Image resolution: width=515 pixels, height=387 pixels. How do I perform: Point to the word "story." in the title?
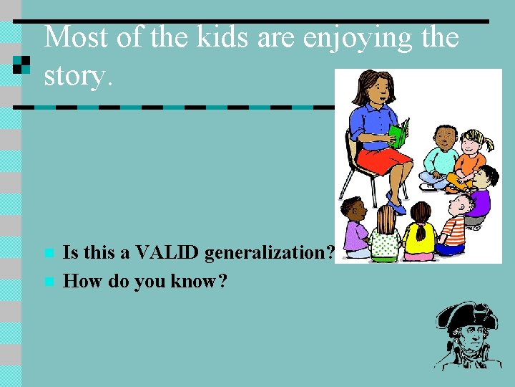click(x=78, y=75)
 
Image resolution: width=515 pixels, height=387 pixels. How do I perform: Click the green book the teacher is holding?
click(x=398, y=134)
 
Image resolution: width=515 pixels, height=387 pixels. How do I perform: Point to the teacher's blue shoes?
click(x=395, y=206)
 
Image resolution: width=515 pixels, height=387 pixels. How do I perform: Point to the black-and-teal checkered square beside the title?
click(x=23, y=64)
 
